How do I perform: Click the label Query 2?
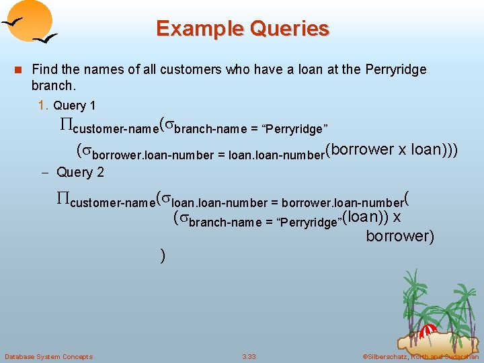80,172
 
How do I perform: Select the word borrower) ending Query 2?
400,236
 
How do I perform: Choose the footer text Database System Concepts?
48,356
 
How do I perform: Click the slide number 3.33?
249,356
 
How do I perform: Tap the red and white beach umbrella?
428,331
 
